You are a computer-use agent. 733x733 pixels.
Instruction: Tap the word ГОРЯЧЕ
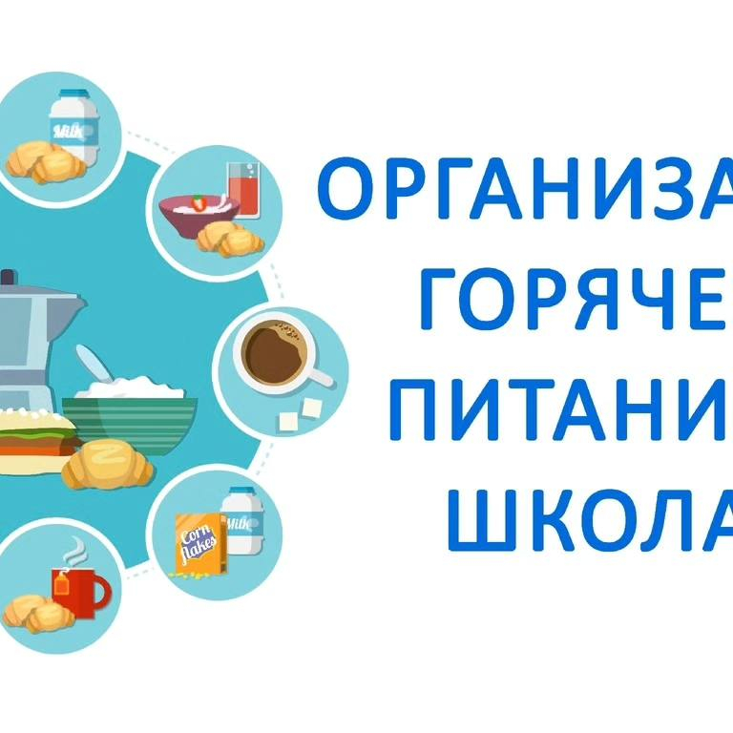[573, 299]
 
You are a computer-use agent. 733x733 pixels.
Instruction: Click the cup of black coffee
[277, 354]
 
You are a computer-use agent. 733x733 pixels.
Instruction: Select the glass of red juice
[242, 192]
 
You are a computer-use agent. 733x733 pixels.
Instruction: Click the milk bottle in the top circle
[75, 125]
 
